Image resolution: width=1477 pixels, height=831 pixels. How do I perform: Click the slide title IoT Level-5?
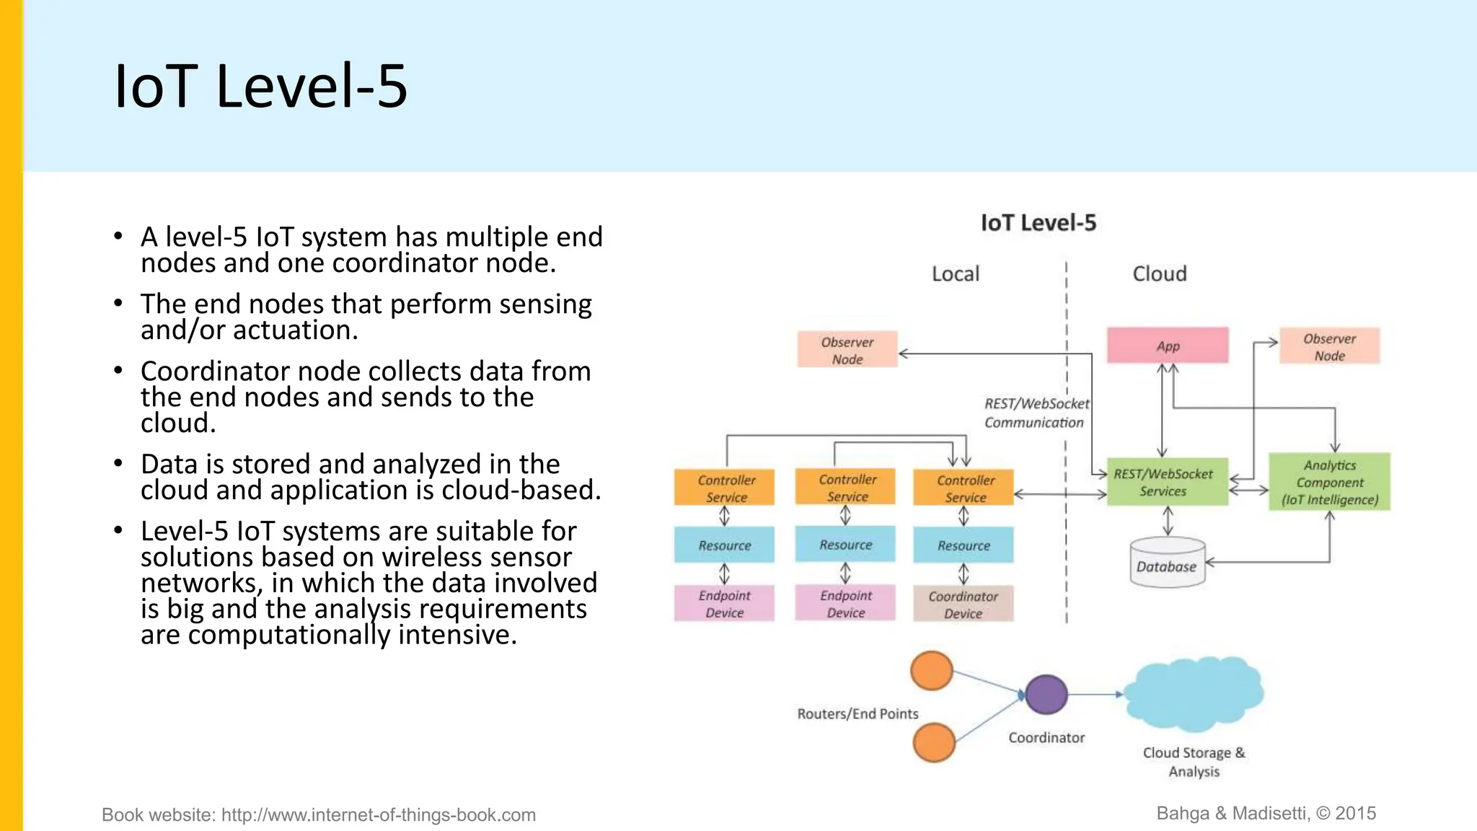pos(261,87)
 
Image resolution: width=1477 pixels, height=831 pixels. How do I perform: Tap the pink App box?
pos(1168,346)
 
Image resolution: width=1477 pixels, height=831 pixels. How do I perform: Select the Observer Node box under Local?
pos(847,350)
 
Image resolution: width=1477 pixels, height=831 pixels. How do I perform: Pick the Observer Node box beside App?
pos(1329,347)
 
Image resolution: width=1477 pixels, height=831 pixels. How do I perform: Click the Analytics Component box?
pos(1329,482)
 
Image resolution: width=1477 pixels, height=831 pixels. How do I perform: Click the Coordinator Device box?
pos(963,604)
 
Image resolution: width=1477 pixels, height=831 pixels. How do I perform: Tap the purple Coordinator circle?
pos(1046,695)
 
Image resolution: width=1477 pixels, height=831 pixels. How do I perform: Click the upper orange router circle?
pos(932,671)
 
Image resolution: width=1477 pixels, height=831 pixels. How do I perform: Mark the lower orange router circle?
pos(934,742)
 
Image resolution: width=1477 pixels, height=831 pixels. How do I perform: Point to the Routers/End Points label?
pos(857,713)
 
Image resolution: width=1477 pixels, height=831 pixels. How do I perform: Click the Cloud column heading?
pos(1159,274)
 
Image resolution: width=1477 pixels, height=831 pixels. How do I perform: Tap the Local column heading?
pos(955,274)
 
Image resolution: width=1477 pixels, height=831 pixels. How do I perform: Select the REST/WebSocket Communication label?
pos(1036,413)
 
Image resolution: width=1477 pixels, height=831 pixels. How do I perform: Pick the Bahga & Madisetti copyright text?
pos(1266,814)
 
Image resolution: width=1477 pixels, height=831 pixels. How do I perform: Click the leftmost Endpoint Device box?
pos(724,604)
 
